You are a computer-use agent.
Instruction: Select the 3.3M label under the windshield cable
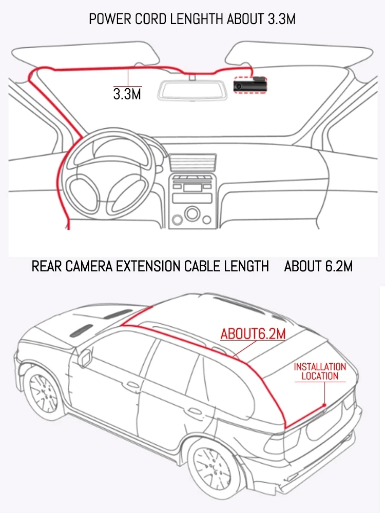pos(127,94)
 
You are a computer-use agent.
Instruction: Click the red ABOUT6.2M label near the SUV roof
pos(253,333)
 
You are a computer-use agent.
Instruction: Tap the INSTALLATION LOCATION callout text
pos(320,371)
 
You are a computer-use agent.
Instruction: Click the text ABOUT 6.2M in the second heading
pos(318,266)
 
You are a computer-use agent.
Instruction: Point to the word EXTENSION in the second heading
pos(166,266)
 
